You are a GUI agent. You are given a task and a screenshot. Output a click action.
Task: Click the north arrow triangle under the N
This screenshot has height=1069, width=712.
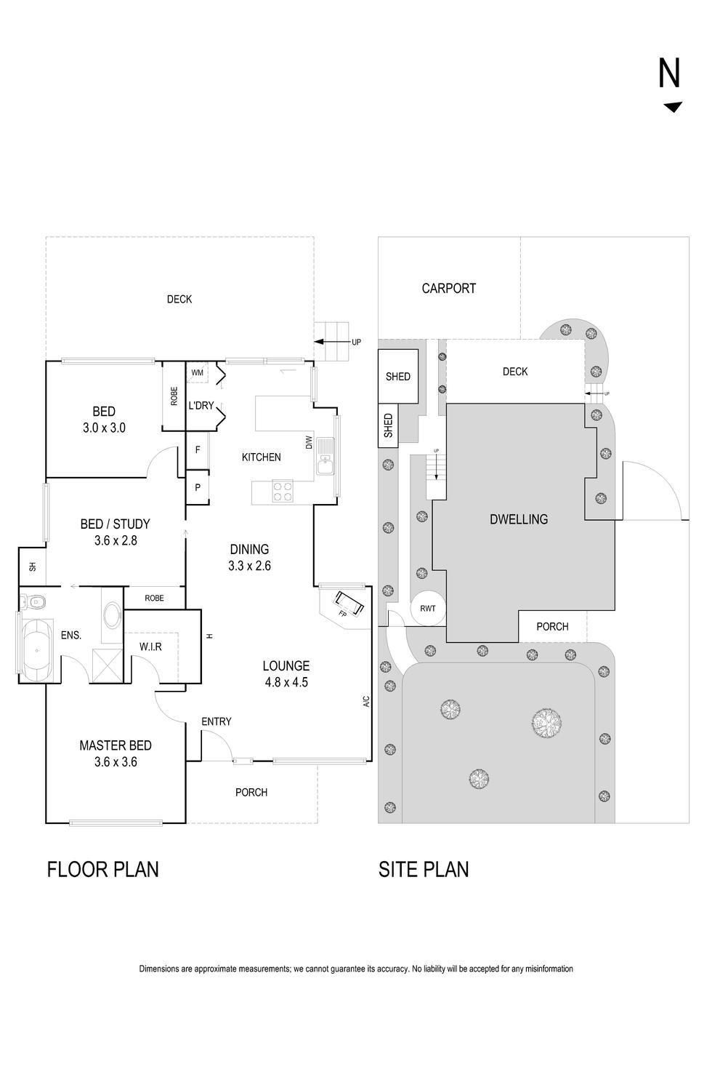[x=673, y=108]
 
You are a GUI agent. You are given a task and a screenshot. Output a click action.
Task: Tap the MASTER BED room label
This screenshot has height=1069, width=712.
[x=116, y=745]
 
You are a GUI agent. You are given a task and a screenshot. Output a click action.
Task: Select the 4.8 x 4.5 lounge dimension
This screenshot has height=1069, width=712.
[x=286, y=682]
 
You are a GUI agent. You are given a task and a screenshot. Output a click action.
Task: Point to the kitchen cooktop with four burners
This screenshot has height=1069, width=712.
[x=283, y=492]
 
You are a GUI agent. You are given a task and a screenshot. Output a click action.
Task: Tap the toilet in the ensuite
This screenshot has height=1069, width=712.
[x=33, y=601]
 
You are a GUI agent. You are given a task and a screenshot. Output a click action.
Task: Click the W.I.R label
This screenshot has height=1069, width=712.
[x=150, y=646]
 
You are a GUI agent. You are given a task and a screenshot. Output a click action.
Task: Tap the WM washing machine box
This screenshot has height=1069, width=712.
[x=197, y=373]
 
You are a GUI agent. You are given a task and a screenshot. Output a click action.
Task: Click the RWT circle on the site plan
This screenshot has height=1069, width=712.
[x=428, y=608]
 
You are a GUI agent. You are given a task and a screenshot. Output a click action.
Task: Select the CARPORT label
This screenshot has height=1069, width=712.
[x=448, y=289]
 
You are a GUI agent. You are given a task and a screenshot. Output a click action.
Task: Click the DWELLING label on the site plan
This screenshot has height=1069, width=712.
[x=519, y=519]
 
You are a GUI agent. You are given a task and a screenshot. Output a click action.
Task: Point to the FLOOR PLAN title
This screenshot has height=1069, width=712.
[x=102, y=869]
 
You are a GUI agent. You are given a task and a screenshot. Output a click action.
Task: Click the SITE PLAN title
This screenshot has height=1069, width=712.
[x=424, y=869]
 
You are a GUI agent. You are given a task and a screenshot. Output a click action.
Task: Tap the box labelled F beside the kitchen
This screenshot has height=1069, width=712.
[x=198, y=450]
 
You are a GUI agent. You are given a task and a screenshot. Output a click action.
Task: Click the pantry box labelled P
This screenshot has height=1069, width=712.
[x=198, y=488]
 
